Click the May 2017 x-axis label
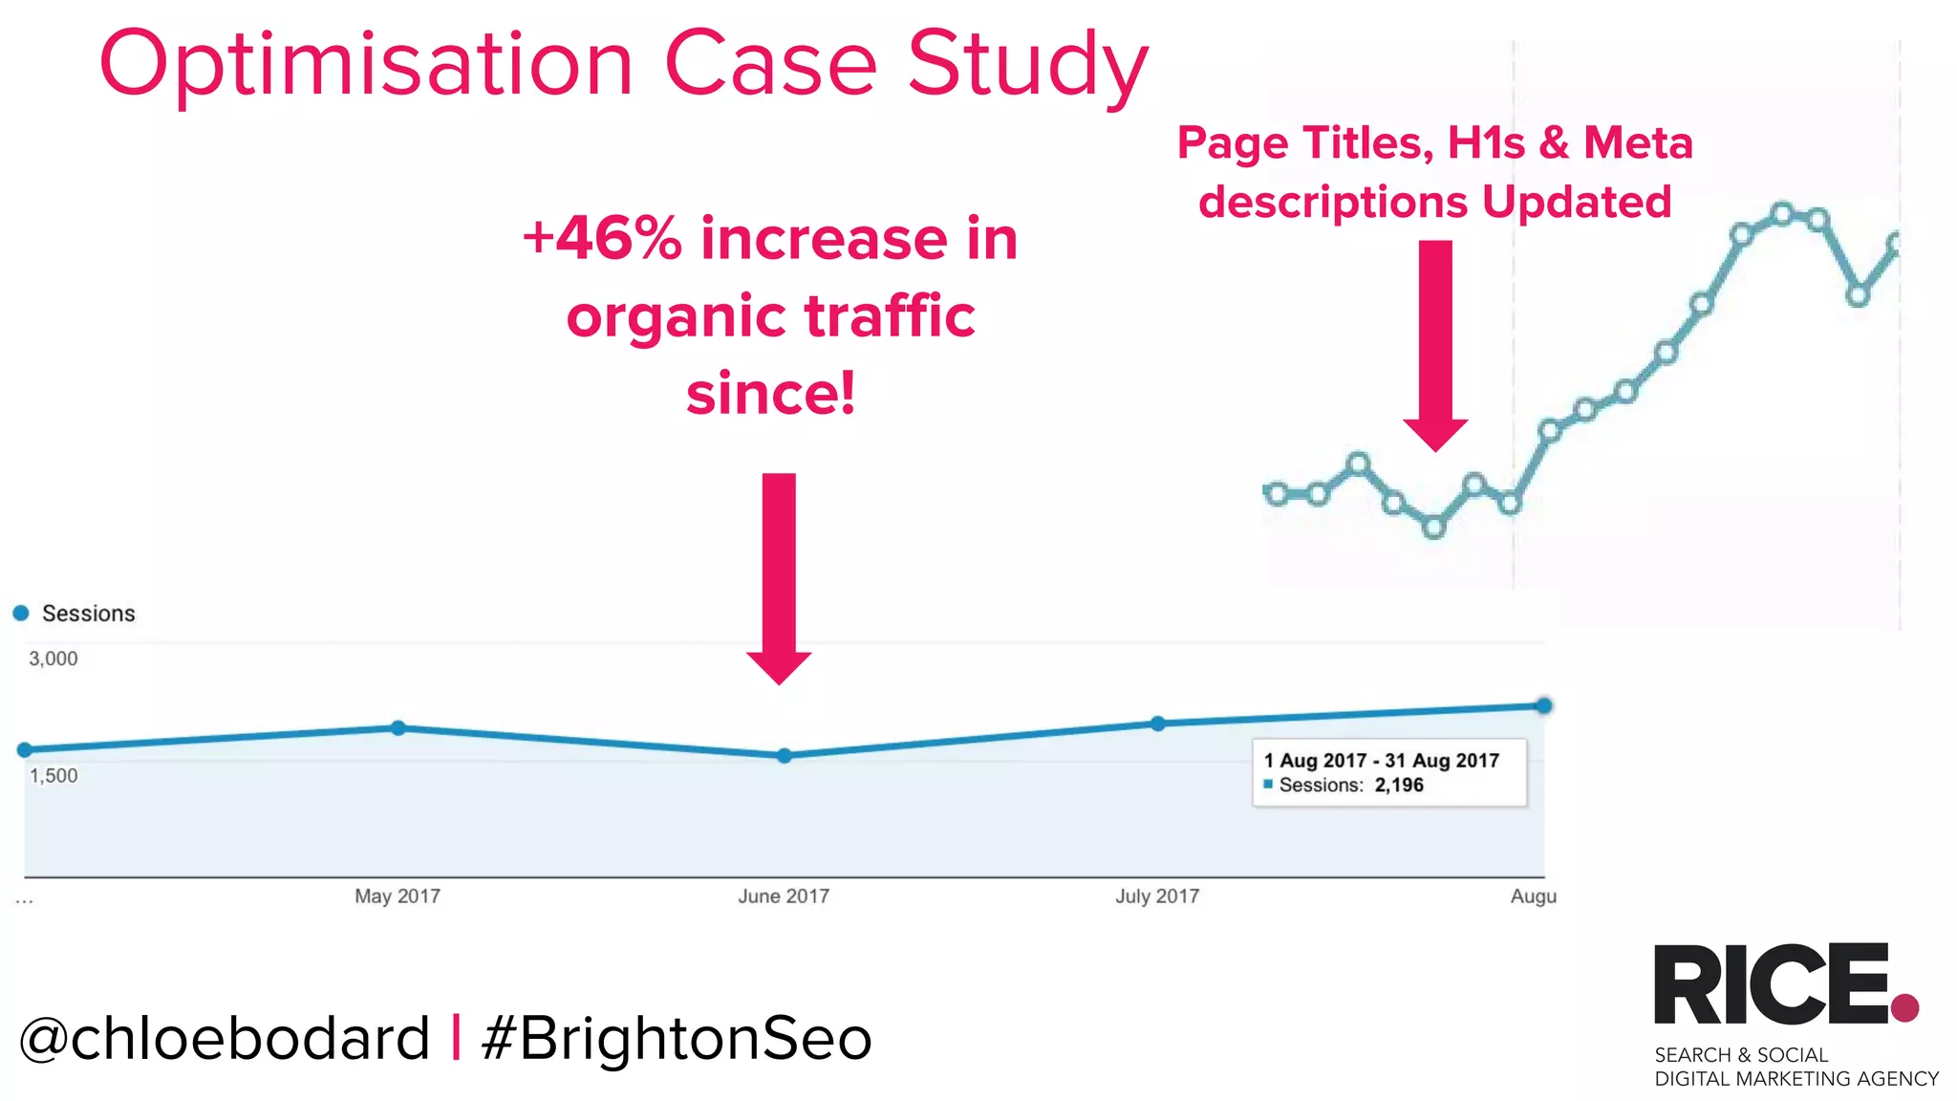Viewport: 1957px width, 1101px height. (x=398, y=896)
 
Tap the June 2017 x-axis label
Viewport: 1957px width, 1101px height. (x=783, y=896)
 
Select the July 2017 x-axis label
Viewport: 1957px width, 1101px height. (x=1156, y=896)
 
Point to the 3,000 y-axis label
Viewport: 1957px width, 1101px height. (x=54, y=658)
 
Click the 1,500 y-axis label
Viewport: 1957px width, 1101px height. (x=54, y=775)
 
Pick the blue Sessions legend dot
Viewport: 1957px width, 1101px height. (x=21, y=613)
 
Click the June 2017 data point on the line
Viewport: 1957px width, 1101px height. (x=784, y=756)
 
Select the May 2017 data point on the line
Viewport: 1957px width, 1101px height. (x=398, y=728)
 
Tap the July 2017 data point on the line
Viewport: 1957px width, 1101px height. (x=1157, y=723)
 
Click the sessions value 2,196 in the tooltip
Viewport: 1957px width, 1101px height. (x=1399, y=786)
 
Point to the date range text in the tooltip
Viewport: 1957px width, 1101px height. (x=1382, y=761)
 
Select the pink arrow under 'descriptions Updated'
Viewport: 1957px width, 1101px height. (x=1435, y=344)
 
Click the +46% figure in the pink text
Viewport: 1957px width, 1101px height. (x=602, y=238)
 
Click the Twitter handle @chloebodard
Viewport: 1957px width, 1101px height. (x=225, y=1039)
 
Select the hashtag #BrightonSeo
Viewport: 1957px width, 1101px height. (x=677, y=1039)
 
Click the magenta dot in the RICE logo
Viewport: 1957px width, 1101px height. (x=1904, y=1007)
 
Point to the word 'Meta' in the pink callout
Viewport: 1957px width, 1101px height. (x=1638, y=143)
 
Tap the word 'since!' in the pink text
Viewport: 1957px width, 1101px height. (x=770, y=394)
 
